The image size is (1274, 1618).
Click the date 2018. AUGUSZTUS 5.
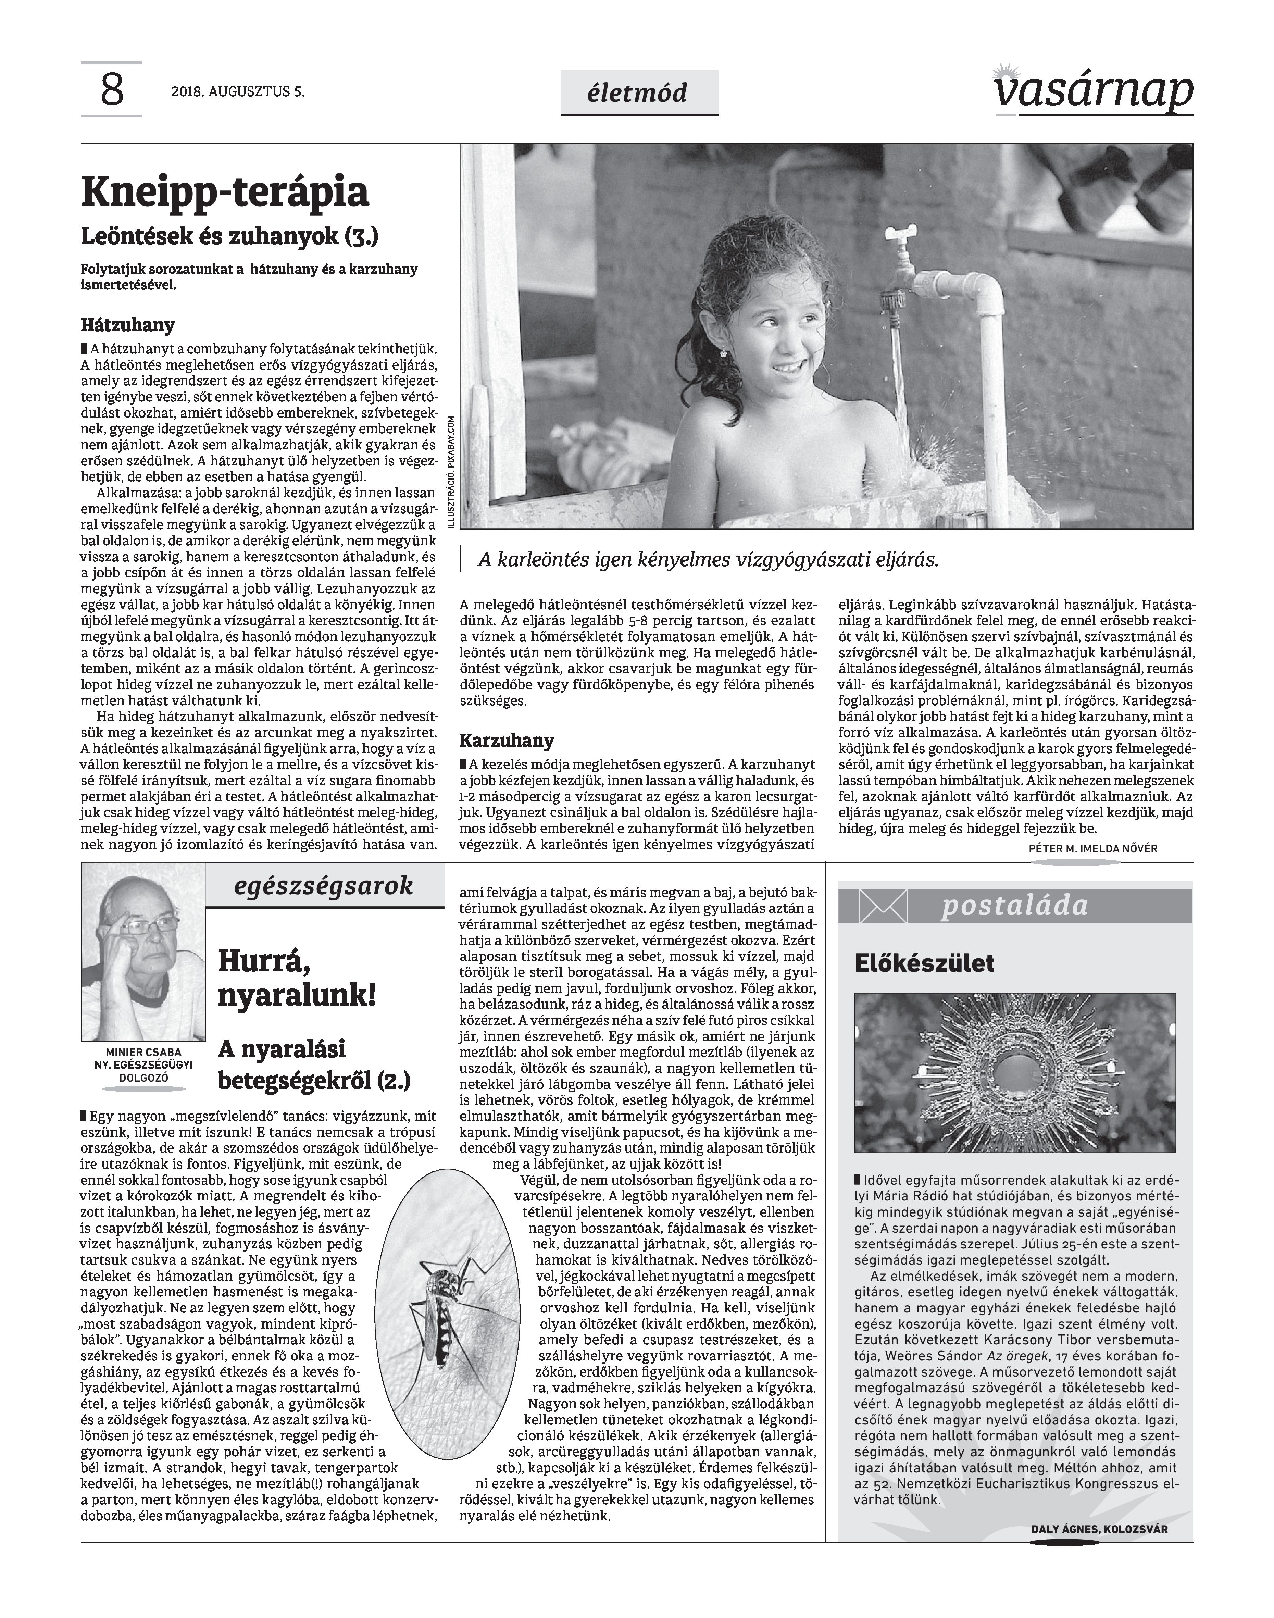coord(238,92)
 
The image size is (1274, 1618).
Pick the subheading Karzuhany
coord(507,741)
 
